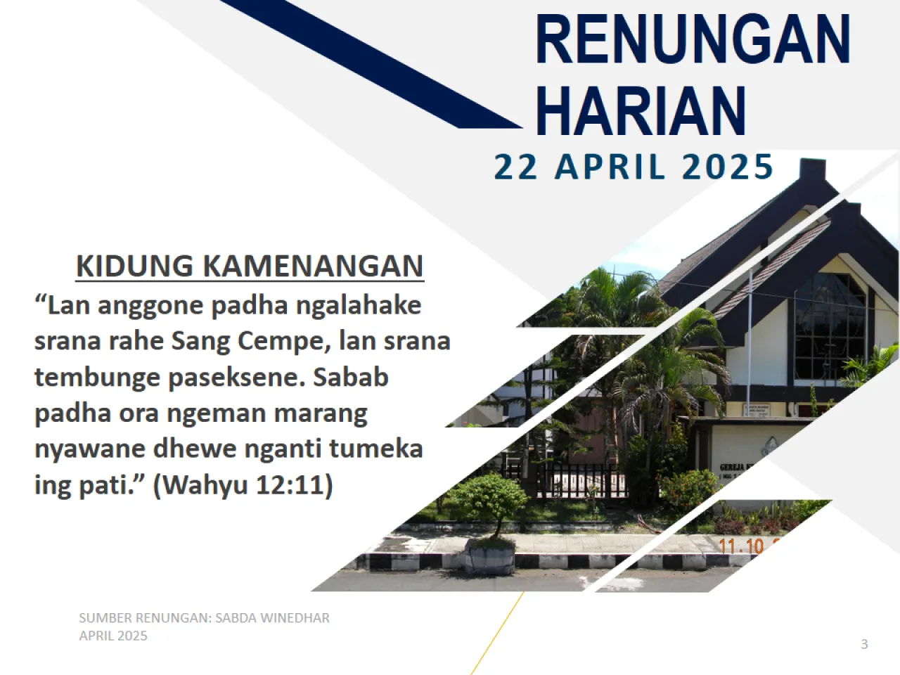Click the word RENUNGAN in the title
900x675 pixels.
coord(693,41)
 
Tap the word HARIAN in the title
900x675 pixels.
coord(640,111)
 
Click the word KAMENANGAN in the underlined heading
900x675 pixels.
coord(314,266)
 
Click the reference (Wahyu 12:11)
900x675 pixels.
coord(243,485)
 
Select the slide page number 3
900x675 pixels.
coord(864,643)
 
